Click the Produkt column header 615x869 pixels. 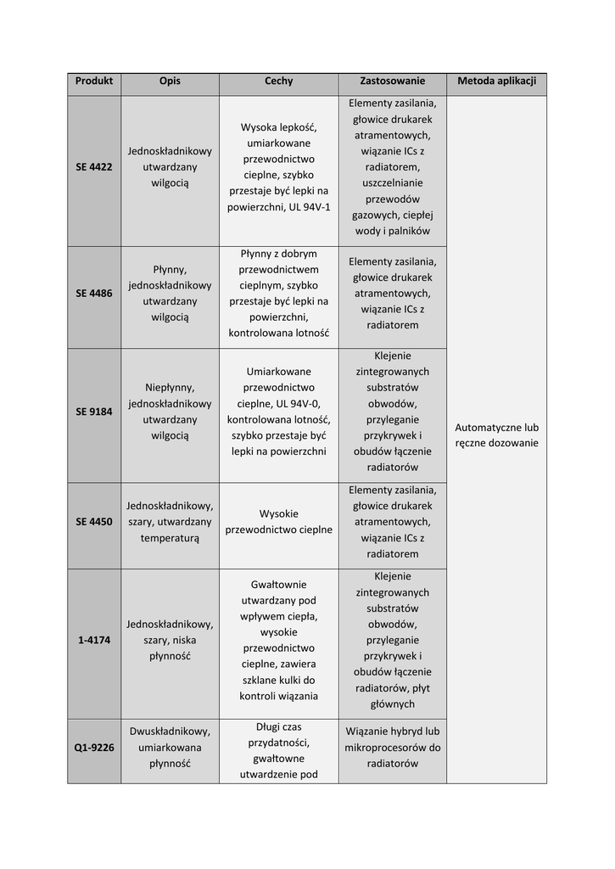[93, 81]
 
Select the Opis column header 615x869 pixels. [170, 81]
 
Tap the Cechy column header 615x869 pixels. [278, 81]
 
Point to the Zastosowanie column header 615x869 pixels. [392, 81]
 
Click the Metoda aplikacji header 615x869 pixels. [496, 81]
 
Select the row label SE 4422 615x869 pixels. [93, 167]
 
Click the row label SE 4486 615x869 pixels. [93, 294]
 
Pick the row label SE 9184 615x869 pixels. [93, 412]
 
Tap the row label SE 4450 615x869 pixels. [93, 522]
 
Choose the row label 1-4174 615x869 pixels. [93, 640]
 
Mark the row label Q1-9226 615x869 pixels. [93, 748]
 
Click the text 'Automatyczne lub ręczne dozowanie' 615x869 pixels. [496, 435]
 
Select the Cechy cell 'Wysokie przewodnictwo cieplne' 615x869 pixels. [278, 522]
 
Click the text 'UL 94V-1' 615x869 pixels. [309, 207]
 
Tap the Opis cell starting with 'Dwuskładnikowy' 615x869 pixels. [170, 747]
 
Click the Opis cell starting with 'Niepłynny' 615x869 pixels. [170, 412]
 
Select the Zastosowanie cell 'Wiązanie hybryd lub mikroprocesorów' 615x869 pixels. [392, 747]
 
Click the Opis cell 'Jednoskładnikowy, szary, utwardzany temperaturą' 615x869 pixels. [170, 522]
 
